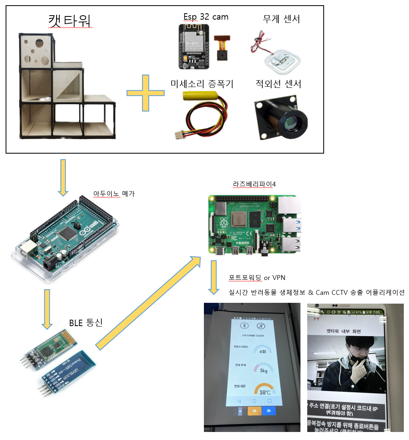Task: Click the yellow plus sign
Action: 145,93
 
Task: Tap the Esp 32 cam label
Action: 206,16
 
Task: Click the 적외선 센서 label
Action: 278,84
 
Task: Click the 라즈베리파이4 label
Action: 254,184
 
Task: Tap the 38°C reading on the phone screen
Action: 264,392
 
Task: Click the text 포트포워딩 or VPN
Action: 256,278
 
